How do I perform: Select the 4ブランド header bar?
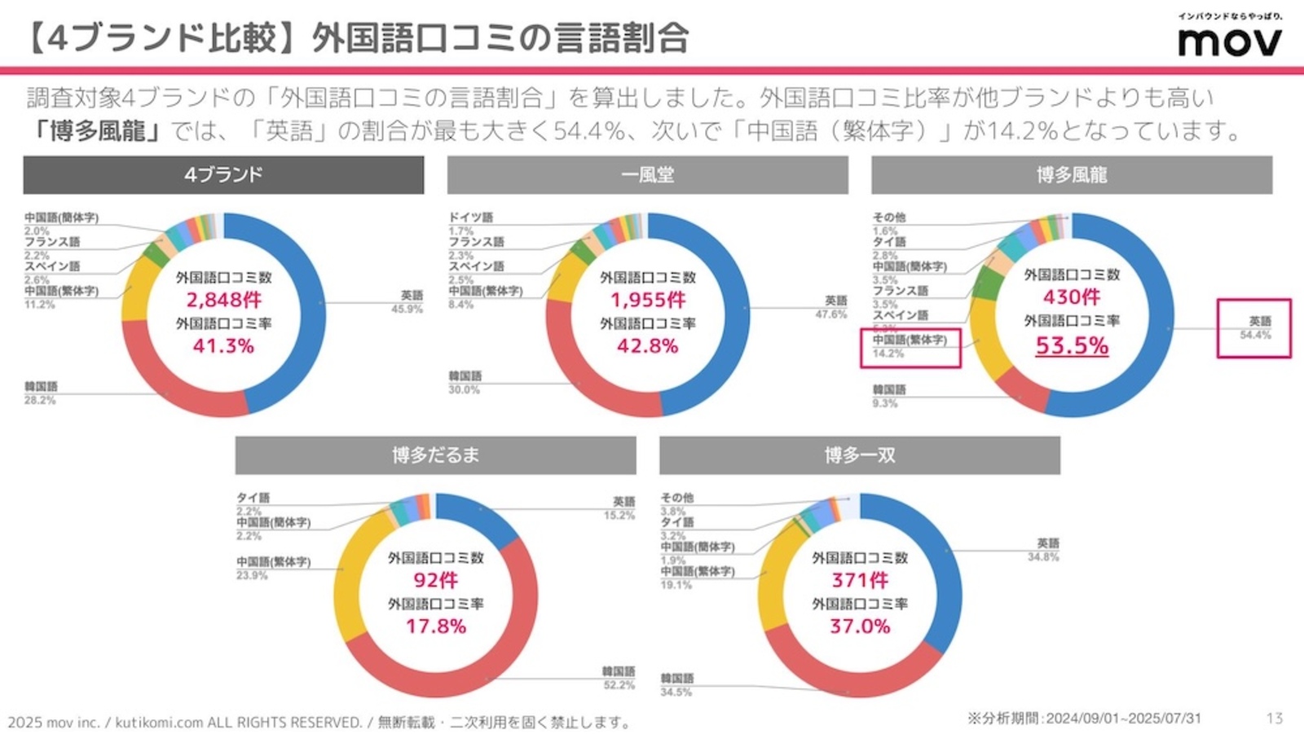223,174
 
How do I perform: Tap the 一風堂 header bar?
647,174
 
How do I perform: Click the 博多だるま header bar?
435,455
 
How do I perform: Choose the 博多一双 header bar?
859,455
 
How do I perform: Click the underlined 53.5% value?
1072,345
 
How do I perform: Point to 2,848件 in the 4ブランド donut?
223,300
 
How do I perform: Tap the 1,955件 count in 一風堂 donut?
648,300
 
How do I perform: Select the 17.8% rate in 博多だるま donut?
436,626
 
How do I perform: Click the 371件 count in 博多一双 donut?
860,580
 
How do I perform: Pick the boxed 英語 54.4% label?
1254,327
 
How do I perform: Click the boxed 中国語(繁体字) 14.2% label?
910,347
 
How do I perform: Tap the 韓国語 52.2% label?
618,678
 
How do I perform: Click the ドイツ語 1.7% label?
470,224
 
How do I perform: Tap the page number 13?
1275,718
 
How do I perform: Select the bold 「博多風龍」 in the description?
97,130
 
